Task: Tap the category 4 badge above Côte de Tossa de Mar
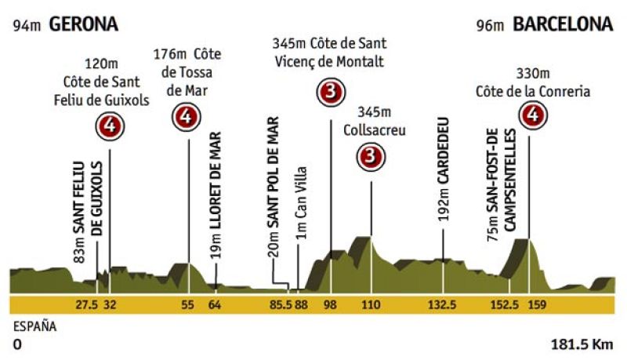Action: [185, 118]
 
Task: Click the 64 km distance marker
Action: [214, 305]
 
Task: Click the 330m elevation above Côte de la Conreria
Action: [532, 75]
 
